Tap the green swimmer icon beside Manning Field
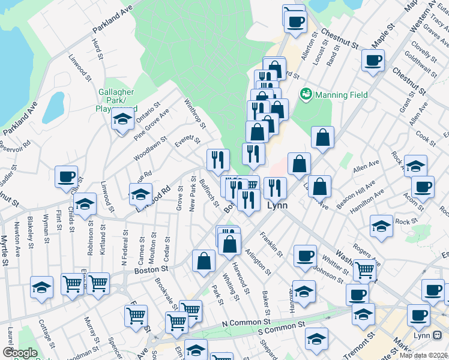point(306,94)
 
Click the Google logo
point(19,353)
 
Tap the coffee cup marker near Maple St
point(373,60)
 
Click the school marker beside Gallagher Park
point(122,119)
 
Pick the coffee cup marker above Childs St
point(67,177)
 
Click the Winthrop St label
point(196,113)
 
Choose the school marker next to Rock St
point(381,226)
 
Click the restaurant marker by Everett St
point(218,159)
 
